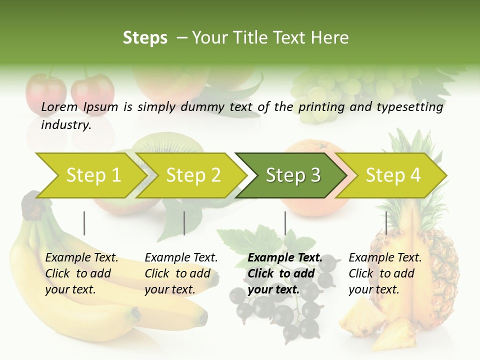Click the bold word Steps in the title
click(x=145, y=38)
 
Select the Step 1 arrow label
click(x=93, y=175)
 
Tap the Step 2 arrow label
click(x=193, y=175)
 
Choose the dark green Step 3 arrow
click(x=293, y=175)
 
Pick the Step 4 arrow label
click(x=393, y=175)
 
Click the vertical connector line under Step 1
click(x=84, y=223)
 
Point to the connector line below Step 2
click(x=184, y=223)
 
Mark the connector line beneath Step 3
click(x=285, y=223)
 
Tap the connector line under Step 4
click(x=386, y=223)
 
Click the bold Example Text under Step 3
click(x=285, y=258)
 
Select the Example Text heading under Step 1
click(x=81, y=258)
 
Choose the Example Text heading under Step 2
click(x=181, y=258)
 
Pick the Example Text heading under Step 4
click(x=385, y=258)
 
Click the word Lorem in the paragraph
click(x=59, y=107)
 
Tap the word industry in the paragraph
click(x=65, y=125)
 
